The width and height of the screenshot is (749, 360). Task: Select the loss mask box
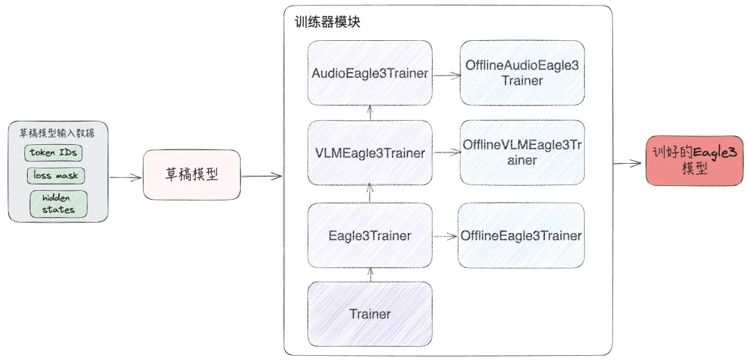[x=56, y=175]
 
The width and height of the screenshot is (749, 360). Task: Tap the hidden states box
[x=59, y=203]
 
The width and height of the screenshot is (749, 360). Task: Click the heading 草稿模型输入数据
[x=58, y=132]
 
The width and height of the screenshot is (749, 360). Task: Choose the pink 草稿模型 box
[x=191, y=174]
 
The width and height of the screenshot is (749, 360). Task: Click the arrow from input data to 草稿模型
[x=126, y=178]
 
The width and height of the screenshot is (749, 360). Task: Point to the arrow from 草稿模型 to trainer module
[x=261, y=176]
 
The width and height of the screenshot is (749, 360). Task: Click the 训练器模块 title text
[x=327, y=22]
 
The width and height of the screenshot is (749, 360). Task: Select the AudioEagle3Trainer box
[x=370, y=73]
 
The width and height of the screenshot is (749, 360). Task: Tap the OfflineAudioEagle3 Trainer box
[x=522, y=73]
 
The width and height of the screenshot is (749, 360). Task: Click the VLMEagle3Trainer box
[x=370, y=153]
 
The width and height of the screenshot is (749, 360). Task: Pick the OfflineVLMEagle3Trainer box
[x=522, y=153]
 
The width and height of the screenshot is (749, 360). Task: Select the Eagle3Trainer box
[x=370, y=236]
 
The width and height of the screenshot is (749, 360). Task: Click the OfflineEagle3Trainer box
[x=521, y=236]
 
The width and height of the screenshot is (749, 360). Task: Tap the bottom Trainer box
[x=370, y=314]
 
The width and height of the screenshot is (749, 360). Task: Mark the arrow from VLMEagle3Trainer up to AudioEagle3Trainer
[x=370, y=113]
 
